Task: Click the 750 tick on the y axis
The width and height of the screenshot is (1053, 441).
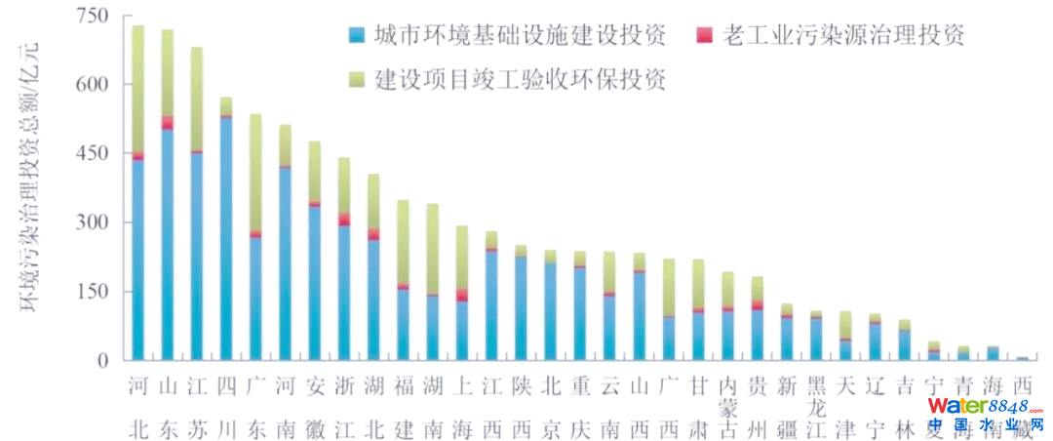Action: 90,17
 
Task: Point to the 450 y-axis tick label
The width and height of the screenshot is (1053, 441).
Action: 90,154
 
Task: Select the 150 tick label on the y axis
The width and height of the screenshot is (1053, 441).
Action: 90,292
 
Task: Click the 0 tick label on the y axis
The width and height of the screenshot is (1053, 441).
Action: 100,361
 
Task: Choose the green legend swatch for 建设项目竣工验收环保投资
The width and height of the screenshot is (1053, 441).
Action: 357,79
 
